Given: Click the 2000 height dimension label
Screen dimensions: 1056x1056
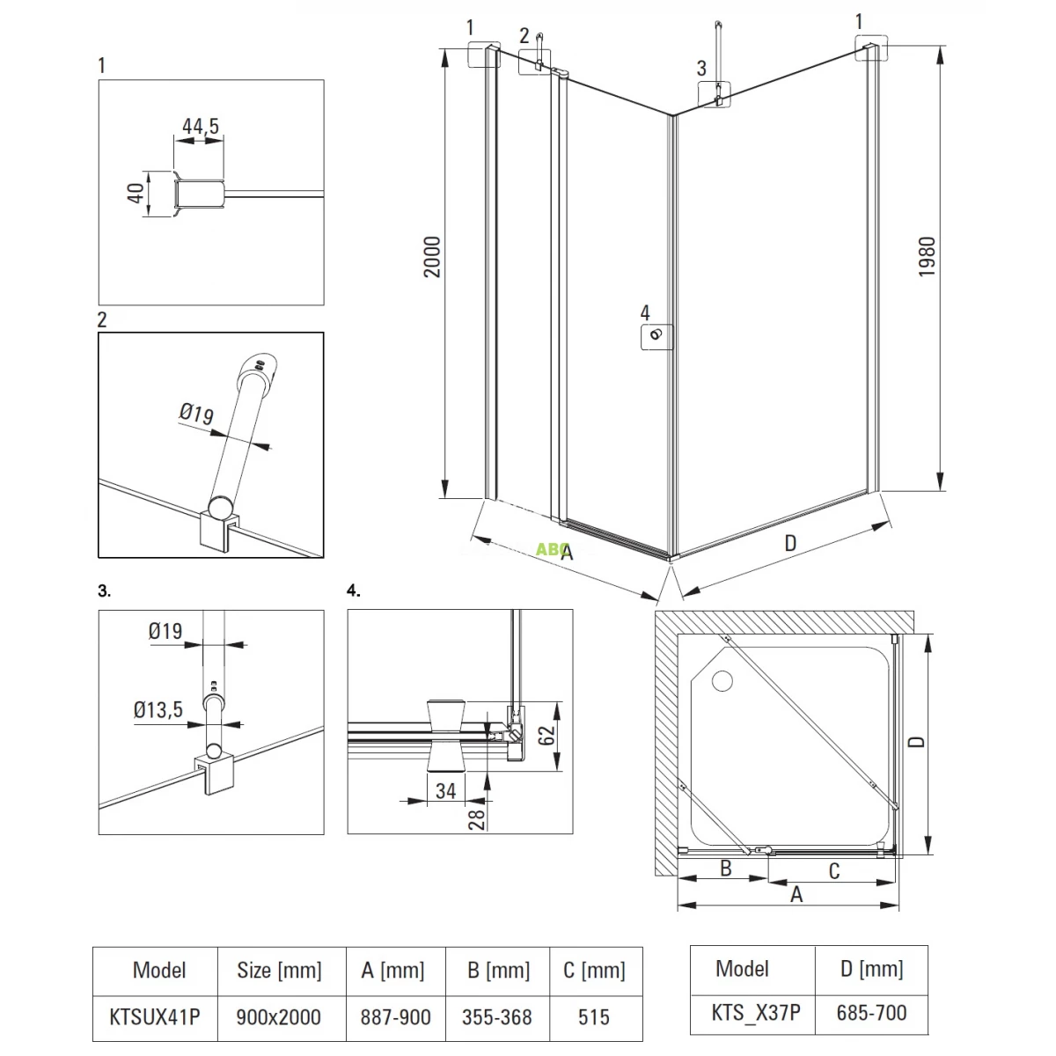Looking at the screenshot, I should [432, 257].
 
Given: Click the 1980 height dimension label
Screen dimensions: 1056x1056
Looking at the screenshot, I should [928, 257].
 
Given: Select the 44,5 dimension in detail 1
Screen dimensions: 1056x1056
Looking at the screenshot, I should [201, 126].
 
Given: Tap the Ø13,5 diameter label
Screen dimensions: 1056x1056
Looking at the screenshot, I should [158, 710].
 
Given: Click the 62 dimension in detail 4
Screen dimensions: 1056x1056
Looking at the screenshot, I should [547, 736].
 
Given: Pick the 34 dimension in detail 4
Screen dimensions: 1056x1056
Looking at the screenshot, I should [446, 789].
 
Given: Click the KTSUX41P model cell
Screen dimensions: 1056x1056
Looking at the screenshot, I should [154, 1017].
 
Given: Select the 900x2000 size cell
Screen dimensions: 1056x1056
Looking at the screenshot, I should [278, 1017].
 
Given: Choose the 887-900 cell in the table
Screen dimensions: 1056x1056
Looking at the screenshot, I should [395, 1017].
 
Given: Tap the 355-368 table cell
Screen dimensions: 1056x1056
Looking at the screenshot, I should [496, 1017].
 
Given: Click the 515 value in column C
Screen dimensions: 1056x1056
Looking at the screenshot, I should [594, 1017].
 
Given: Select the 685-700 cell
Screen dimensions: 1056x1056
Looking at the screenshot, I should [870, 1013].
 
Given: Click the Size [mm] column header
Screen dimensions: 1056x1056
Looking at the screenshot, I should [278, 971].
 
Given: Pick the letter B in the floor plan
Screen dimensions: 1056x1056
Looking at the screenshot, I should [726, 869].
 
